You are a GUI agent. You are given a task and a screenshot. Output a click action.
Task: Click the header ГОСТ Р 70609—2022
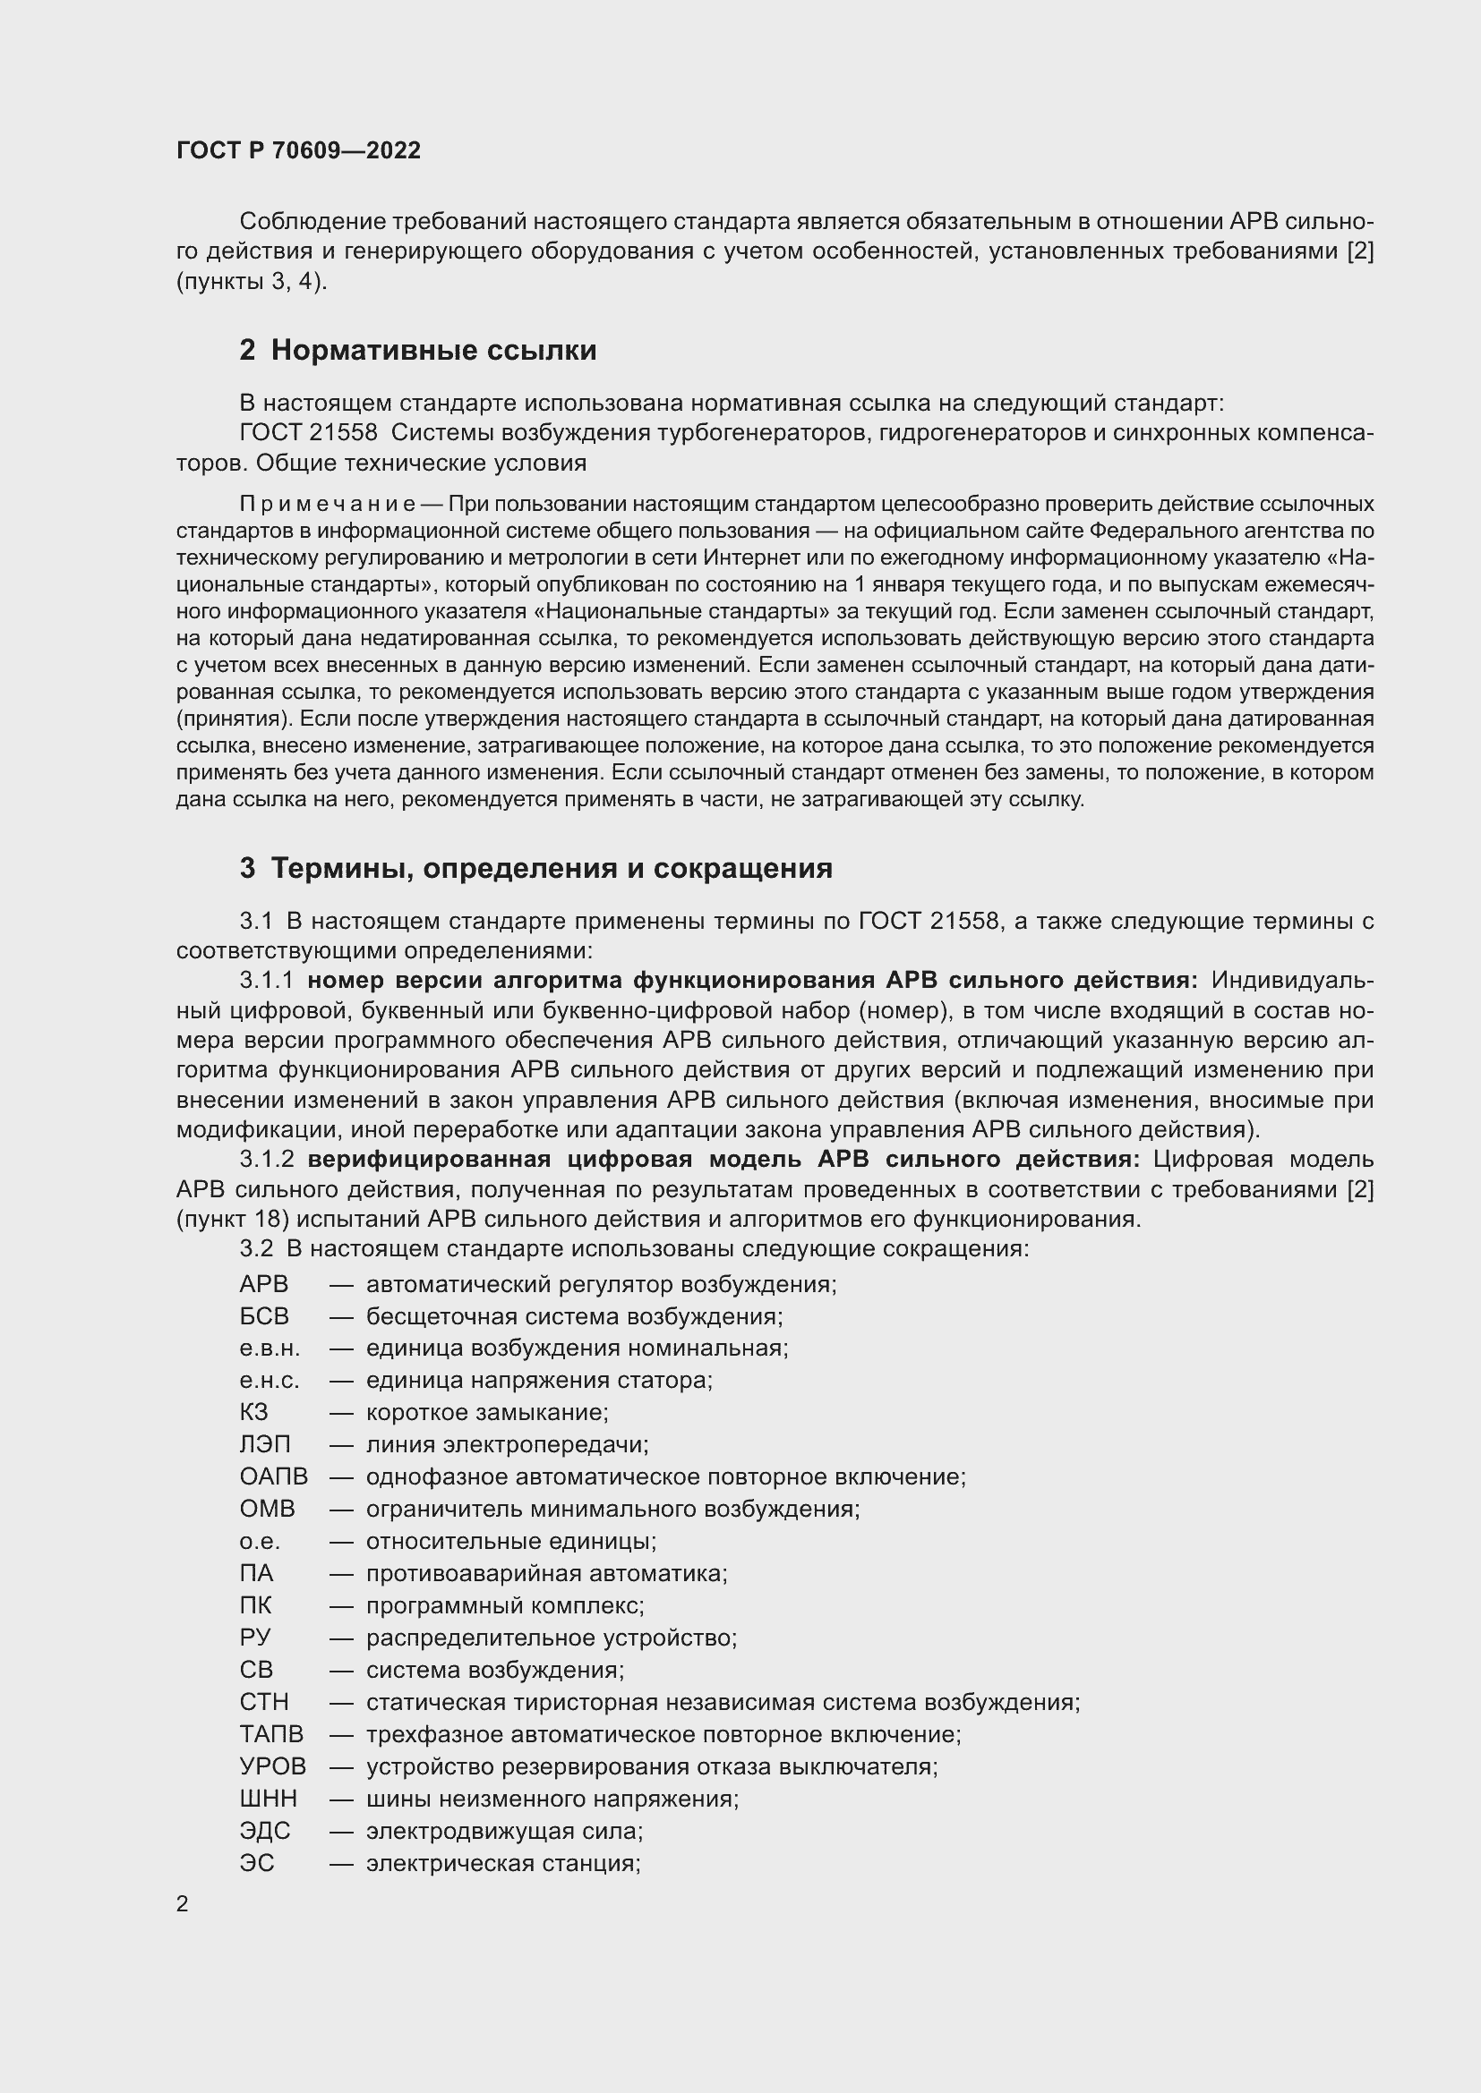(298, 150)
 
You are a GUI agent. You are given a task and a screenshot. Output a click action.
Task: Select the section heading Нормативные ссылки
(433, 350)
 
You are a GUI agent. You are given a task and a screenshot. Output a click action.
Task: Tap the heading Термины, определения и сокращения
(551, 868)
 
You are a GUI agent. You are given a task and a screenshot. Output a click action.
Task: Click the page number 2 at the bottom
(183, 1903)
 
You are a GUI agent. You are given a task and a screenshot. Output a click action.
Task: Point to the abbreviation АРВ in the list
(263, 1284)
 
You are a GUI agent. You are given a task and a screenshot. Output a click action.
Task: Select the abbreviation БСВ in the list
(263, 1316)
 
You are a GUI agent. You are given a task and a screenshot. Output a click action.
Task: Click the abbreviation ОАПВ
(274, 1476)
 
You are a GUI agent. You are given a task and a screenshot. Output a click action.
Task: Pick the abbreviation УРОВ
(273, 1766)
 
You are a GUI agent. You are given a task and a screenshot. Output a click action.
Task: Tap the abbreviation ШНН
(268, 1799)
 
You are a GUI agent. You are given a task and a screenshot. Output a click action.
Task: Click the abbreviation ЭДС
(264, 1831)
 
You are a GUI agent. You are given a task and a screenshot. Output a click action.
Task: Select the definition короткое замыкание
(486, 1413)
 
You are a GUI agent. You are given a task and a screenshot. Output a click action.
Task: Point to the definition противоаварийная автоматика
(546, 1573)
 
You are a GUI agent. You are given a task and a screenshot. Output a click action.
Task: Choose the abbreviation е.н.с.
(269, 1380)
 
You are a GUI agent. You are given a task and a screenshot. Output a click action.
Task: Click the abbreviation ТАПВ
(270, 1734)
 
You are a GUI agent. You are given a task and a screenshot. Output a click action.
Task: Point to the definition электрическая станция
(502, 1863)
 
